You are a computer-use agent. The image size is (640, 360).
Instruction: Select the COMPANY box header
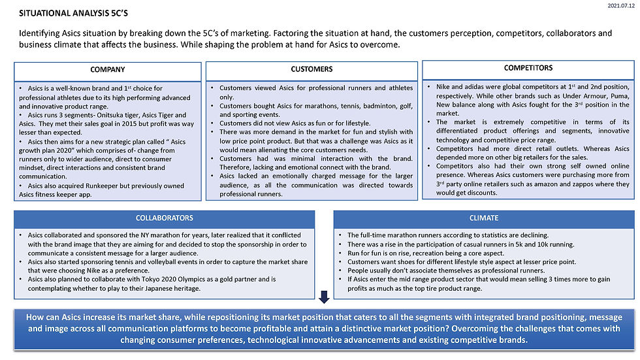[108, 70]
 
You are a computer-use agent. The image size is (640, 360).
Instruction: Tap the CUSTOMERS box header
[312, 69]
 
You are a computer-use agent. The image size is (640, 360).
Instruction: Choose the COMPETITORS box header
[528, 67]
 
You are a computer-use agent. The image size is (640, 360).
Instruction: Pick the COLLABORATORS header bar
[165, 218]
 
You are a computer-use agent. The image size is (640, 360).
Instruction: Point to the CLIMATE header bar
[483, 218]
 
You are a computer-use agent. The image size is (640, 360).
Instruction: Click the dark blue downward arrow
[324, 298]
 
